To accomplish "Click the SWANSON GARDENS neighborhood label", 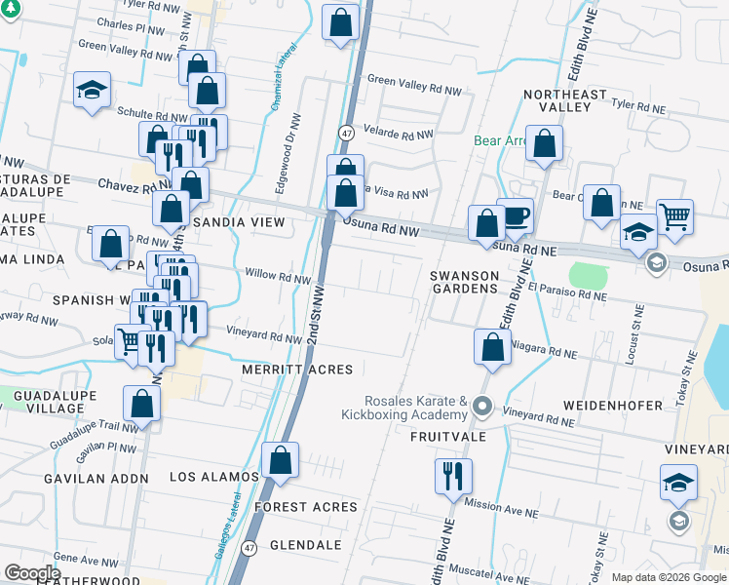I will [465, 283].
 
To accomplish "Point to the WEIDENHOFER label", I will [613, 405].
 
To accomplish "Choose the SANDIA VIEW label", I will [239, 223].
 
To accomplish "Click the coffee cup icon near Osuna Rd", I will [515, 215].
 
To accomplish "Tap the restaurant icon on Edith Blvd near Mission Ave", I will [453, 476].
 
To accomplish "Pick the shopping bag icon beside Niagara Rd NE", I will [493, 347].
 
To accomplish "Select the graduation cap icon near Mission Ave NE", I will [679, 483].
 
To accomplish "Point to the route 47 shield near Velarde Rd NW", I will [347, 133].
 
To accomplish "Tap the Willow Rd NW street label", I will [278, 276].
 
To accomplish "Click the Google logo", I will [32, 573].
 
